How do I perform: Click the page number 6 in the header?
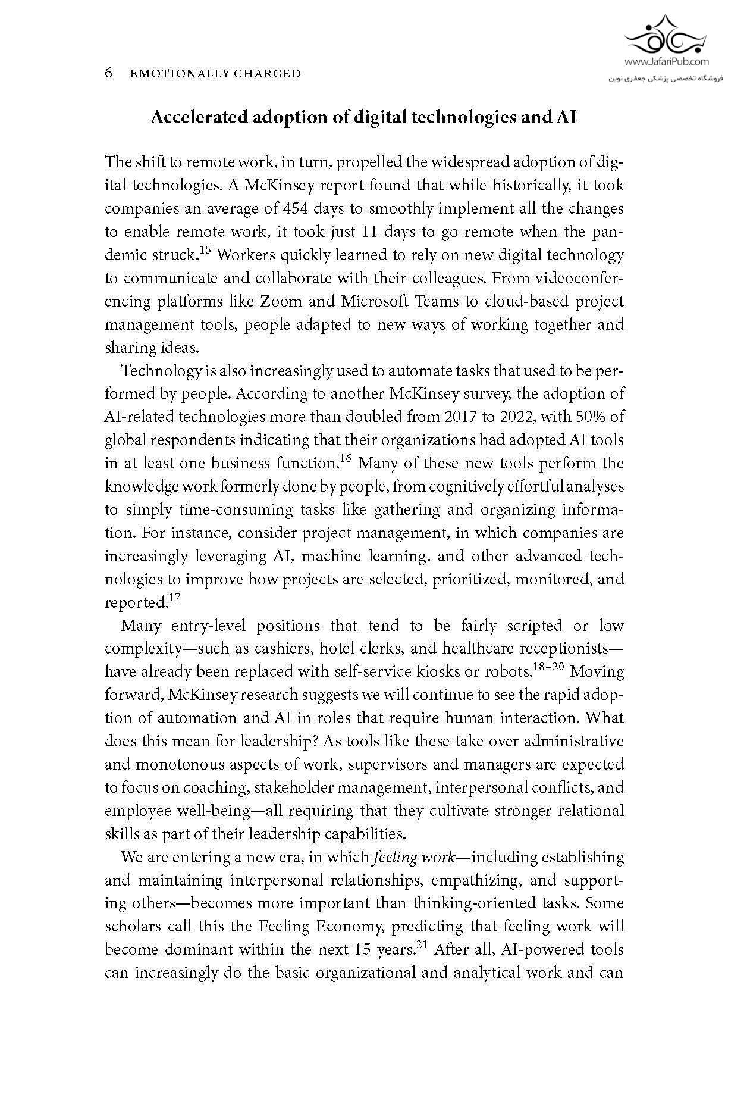(109, 73)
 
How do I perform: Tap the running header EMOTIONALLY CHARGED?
(215, 74)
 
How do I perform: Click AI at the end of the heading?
(566, 117)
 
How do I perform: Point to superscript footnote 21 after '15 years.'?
(422, 946)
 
